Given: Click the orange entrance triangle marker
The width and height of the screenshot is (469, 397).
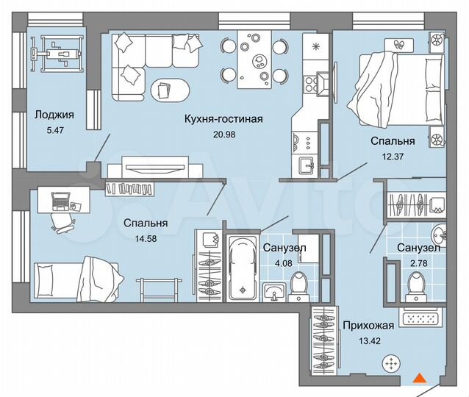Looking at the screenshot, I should tap(419, 379).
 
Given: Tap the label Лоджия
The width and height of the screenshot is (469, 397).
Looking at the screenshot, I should tap(54, 114).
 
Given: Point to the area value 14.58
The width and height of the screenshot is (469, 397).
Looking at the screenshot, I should tap(145, 237).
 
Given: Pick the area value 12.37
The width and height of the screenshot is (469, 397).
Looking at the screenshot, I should tap(393, 155).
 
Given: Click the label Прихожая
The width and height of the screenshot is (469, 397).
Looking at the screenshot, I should tap(368, 326).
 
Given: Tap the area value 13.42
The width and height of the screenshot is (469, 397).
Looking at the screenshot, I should tap(368, 340).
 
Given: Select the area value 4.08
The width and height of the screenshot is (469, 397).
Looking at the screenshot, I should tap(283, 262).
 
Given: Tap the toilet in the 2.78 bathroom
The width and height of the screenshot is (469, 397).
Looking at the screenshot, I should tap(416, 283).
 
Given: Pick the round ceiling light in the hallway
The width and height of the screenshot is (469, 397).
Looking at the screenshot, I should tap(393, 363).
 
